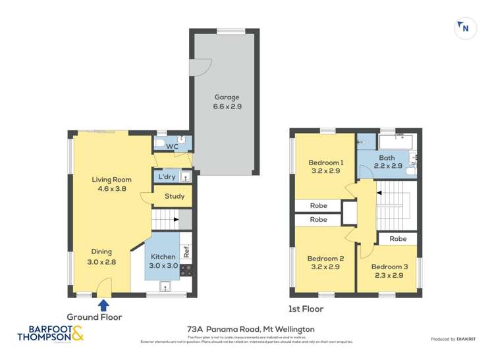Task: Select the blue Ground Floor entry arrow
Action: tap(103, 305)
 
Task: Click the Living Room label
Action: tap(111, 179)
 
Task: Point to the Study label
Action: tap(175, 196)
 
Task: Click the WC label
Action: tap(172, 145)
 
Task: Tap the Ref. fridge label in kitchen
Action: tap(186, 250)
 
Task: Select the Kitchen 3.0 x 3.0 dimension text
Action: tap(163, 265)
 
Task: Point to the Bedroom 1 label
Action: tap(325, 163)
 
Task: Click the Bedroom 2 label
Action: tap(325, 259)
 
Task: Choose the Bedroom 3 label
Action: tap(387, 267)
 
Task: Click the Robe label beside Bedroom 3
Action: tap(397, 239)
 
